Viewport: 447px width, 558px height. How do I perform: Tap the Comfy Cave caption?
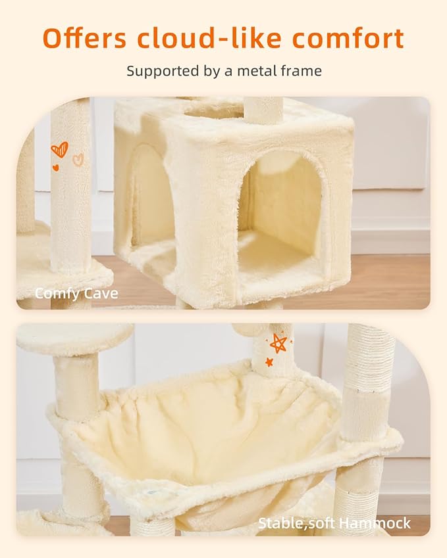tap(76, 293)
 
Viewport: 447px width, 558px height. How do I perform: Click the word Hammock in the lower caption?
tap(381, 523)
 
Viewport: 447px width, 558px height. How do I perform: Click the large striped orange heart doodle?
tap(59, 150)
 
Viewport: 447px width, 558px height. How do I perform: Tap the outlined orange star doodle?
tap(278, 342)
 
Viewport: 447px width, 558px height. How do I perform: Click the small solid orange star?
tap(269, 362)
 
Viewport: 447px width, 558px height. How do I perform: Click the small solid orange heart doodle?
tap(55, 167)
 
